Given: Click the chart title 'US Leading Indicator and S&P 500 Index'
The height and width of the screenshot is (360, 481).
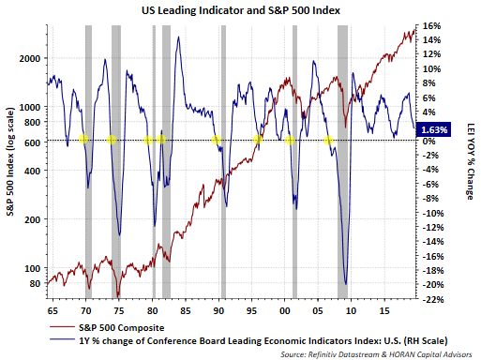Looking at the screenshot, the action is click(x=241, y=10).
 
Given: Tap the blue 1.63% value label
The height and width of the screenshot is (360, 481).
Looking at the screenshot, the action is click(x=434, y=129).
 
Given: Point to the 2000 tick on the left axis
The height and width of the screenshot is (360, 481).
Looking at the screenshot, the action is click(x=30, y=58).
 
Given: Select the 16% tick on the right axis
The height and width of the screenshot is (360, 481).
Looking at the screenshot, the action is click(x=431, y=25).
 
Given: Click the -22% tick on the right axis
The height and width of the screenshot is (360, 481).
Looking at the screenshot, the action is click(x=433, y=299).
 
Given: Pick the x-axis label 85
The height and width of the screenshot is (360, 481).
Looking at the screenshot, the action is click(x=186, y=311).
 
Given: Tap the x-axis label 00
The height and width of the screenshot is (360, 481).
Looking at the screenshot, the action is click(x=285, y=311).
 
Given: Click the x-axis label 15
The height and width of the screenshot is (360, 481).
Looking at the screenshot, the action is click(x=384, y=311).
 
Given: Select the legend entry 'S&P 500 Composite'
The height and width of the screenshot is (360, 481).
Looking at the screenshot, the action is click(x=122, y=328).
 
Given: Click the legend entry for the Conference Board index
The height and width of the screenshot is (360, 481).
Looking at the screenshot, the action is click(x=263, y=340).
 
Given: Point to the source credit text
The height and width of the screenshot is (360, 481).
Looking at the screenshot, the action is click(x=376, y=354).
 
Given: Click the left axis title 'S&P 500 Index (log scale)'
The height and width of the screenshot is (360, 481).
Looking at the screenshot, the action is click(x=10, y=161).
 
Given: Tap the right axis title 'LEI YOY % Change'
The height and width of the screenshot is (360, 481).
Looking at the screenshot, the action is click(x=470, y=161).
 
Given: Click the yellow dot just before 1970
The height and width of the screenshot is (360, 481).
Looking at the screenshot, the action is click(x=83, y=139).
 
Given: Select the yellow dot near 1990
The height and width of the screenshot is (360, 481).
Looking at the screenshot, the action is click(x=216, y=140).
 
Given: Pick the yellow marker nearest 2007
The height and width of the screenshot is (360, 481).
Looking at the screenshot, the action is click(x=328, y=141).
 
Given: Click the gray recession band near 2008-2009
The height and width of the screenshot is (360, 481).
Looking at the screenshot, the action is click(x=342, y=161).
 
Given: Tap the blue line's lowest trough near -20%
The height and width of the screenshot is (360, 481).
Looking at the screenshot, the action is click(x=346, y=284).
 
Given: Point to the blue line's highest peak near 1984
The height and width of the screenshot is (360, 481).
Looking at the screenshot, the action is click(x=178, y=37).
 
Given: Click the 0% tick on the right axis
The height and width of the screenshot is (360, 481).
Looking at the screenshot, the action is click(x=429, y=141).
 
